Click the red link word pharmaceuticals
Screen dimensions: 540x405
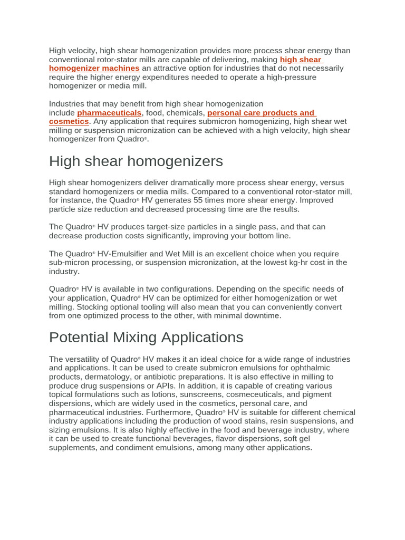tap(109, 113)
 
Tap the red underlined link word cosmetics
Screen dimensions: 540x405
tap(69, 122)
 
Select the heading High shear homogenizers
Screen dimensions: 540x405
tap(136, 161)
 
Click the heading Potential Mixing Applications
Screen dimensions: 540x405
tap(146, 337)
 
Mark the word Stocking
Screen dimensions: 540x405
tap(93, 307)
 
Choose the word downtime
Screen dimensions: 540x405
tap(262, 316)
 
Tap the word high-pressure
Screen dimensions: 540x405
tap(292, 78)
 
